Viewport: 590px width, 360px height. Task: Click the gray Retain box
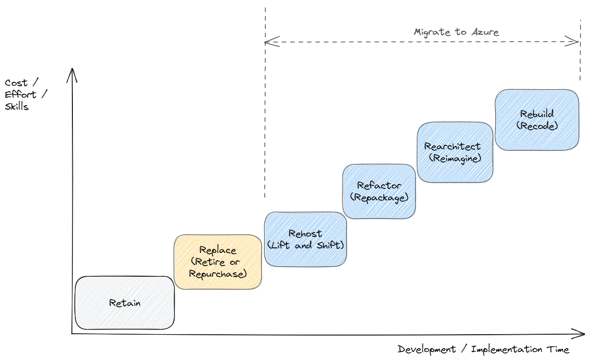click(124, 303)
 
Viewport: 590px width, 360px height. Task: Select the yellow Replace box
click(218, 262)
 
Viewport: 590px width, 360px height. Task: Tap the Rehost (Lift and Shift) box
click(305, 240)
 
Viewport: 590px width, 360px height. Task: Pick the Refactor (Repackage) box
click(379, 191)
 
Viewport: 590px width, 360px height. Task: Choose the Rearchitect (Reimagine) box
click(455, 152)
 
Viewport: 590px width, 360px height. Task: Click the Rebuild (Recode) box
click(537, 120)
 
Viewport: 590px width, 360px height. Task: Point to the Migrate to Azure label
click(456, 32)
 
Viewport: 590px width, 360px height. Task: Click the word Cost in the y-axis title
click(16, 83)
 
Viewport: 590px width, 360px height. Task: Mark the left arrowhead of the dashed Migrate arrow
click(268, 43)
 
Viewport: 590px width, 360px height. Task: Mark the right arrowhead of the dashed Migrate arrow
click(576, 43)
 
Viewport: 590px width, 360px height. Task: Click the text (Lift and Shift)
click(305, 245)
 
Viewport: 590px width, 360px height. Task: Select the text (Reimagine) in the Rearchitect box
click(455, 158)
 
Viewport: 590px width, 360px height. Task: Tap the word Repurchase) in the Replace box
click(218, 273)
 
